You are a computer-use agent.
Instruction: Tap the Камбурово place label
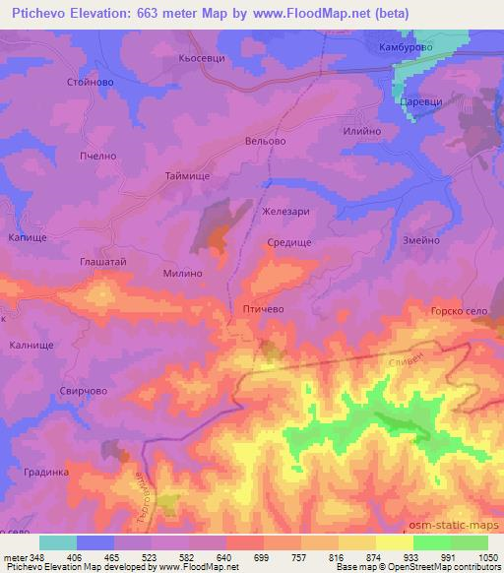tap(407, 47)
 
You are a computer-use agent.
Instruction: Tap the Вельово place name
tap(265, 142)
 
